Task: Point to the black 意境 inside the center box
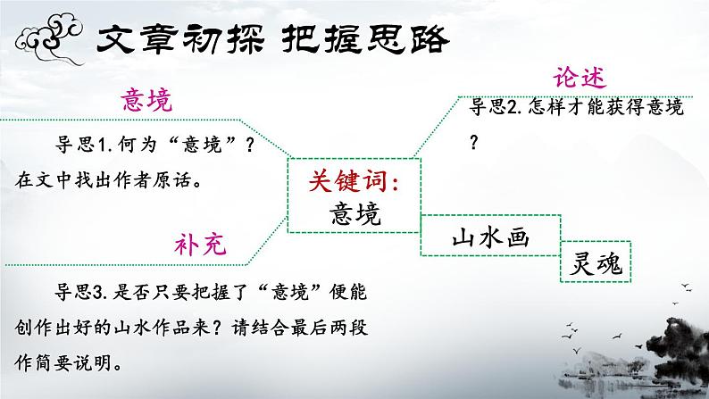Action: (x=354, y=213)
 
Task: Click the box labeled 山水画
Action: (x=491, y=238)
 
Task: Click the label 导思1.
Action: (x=83, y=145)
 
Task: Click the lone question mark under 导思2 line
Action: (x=474, y=141)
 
